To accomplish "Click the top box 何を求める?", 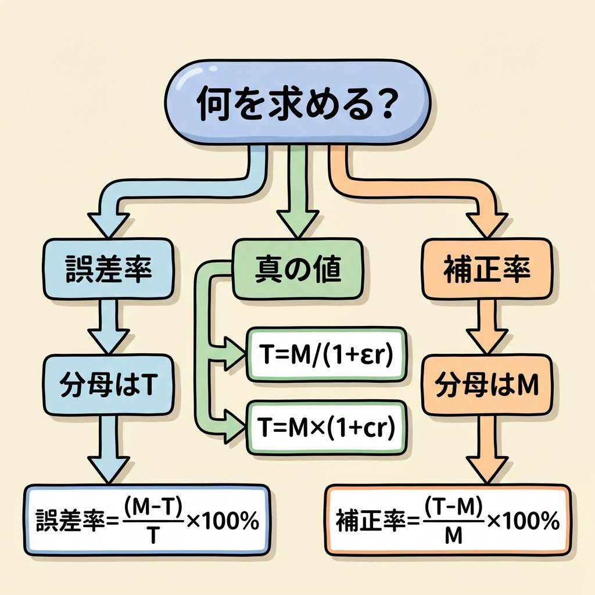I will point(297,103).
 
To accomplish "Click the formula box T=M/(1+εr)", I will point(327,354).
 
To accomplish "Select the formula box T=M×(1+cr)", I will point(327,426).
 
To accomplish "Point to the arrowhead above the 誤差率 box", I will point(108,223).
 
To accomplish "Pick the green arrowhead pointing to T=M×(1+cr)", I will point(232,426).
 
